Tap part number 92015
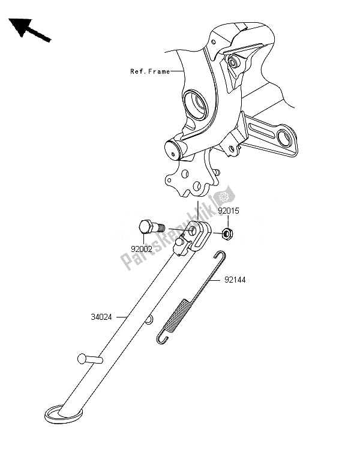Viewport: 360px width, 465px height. click(x=227, y=211)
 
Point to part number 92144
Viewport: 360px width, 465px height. click(x=235, y=280)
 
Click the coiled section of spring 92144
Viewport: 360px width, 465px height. click(x=180, y=318)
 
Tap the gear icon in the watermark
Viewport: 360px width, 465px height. click(x=226, y=196)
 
